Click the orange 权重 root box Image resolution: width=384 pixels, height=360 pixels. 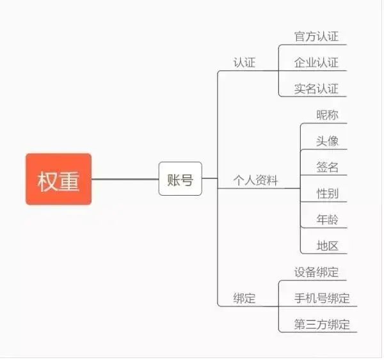click(x=58, y=179)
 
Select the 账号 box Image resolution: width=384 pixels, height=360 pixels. click(x=180, y=179)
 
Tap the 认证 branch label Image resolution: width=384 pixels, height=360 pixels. click(x=244, y=63)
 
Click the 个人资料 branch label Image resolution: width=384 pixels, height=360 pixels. click(x=256, y=180)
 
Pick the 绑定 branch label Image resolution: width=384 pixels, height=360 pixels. click(x=244, y=299)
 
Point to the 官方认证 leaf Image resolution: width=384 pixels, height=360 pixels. click(x=316, y=36)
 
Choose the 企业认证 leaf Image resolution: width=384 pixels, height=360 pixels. click(x=316, y=63)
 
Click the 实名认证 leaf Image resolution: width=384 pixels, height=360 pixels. click(x=316, y=89)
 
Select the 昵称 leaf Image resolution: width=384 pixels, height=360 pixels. click(x=327, y=115)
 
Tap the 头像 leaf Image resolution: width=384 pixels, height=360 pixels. click(x=327, y=141)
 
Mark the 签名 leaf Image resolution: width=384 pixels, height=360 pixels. click(x=327, y=168)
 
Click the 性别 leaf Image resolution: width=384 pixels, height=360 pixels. click(x=327, y=194)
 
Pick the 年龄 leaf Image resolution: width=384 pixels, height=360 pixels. click(x=327, y=220)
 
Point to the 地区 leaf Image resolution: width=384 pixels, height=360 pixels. click(x=327, y=246)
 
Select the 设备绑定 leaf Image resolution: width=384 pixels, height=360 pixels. click(x=316, y=272)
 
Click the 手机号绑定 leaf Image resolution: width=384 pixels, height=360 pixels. click(x=322, y=299)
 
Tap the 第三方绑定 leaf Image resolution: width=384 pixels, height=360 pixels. click(x=322, y=325)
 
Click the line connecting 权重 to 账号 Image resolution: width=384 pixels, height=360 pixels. click(x=125, y=179)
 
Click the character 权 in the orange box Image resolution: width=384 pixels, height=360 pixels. click(x=48, y=180)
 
